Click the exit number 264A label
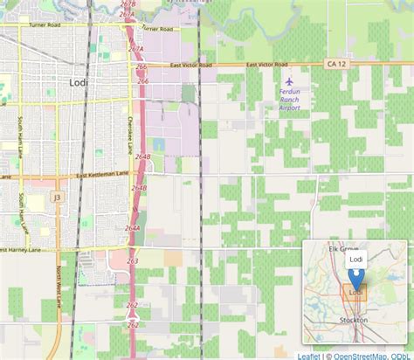[x=132, y=228]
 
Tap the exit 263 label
[x=132, y=260]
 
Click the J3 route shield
[x=57, y=197]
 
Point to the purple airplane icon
[x=290, y=81]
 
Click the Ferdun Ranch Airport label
[x=290, y=100]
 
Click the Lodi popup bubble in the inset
[x=355, y=260]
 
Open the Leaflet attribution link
[x=308, y=355]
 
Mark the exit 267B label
[x=128, y=4]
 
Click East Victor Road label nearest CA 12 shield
[x=266, y=65]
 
